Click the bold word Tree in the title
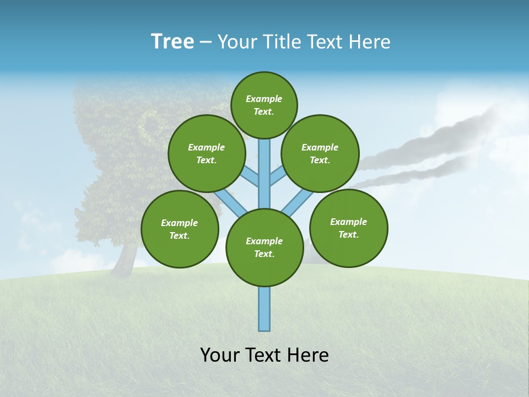coord(172,41)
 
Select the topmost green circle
coord(264,105)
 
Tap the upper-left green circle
coord(206,153)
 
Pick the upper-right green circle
coord(320,153)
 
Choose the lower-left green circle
coord(180,229)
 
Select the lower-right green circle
coord(349,228)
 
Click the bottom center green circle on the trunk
coord(264,248)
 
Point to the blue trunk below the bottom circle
coord(264,309)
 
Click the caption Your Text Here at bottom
coord(264,355)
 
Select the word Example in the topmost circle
coord(264,99)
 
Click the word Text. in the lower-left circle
coord(179,235)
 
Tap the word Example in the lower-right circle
coord(348,222)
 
